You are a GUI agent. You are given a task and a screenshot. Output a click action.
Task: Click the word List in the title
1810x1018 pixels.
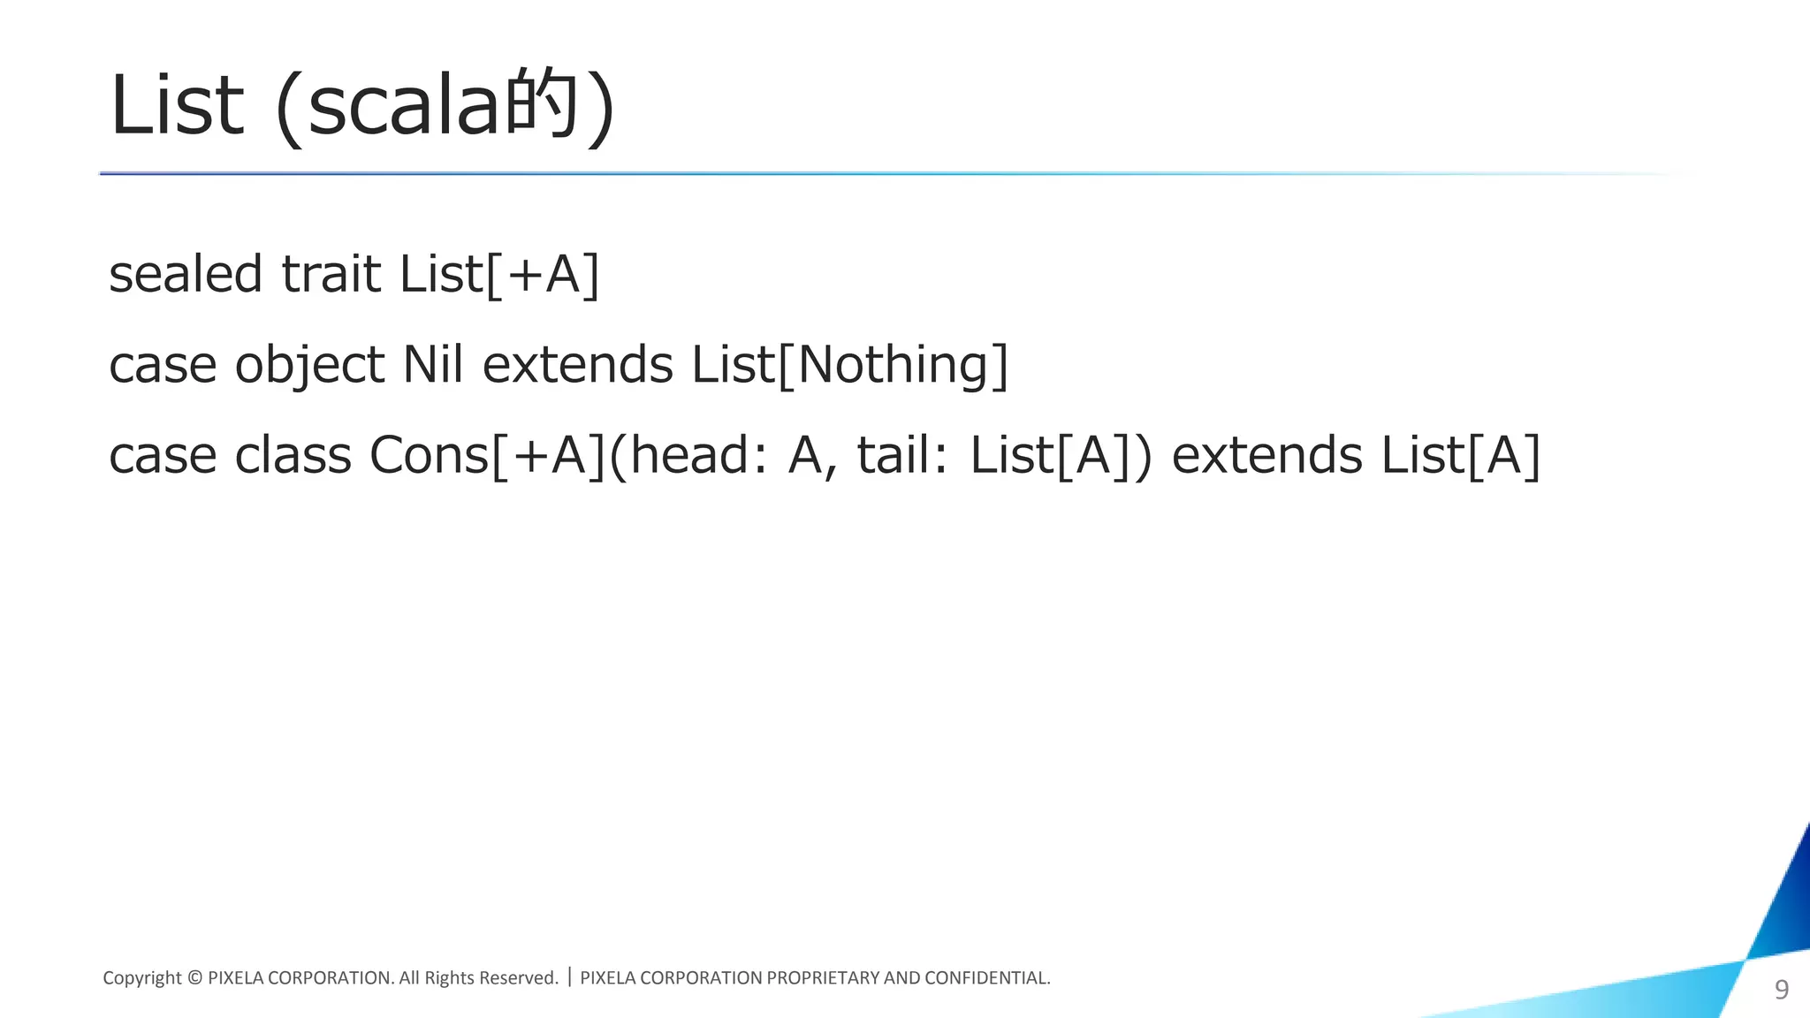tap(175, 107)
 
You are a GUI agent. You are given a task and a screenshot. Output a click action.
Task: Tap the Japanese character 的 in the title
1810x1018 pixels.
tap(540, 104)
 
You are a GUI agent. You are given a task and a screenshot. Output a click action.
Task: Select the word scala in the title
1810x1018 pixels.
tap(403, 107)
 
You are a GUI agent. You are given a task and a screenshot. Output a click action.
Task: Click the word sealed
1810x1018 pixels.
tap(186, 274)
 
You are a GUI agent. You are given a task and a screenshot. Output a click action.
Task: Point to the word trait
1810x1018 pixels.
tap(331, 274)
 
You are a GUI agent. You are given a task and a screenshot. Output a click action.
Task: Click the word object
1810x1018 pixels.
tap(309, 366)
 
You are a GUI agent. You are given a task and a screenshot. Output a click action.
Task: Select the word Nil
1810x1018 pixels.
tap(432, 364)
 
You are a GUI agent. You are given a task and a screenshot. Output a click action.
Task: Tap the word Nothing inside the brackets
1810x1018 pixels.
tap(893, 364)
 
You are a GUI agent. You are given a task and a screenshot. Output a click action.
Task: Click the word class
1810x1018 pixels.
tap(293, 456)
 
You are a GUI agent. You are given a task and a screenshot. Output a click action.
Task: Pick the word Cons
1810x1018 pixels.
tap(429, 456)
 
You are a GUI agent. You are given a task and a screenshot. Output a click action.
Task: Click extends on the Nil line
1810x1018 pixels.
tap(577, 364)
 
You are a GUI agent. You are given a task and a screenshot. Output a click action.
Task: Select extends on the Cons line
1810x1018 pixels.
tap(1266, 456)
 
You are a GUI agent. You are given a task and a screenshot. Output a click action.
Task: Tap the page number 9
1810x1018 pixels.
tap(1782, 990)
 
